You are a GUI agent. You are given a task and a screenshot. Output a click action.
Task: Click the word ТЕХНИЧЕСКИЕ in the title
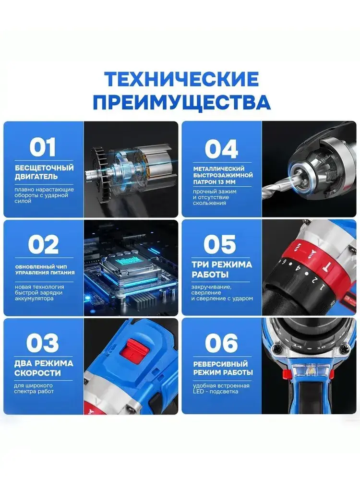tap(182, 79)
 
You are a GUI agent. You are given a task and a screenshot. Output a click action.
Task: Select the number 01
tap(43, 147)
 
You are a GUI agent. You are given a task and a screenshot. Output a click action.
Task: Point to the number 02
tap(43, 245)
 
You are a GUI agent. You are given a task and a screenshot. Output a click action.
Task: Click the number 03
tap(43, 343)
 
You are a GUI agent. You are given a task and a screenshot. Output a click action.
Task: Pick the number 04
tap(221, 149)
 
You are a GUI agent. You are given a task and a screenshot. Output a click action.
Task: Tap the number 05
tap(220, 244)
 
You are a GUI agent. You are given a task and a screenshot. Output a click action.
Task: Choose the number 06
tap(221, 343)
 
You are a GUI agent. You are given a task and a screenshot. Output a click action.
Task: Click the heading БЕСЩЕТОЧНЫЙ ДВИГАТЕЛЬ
tap(44, 172)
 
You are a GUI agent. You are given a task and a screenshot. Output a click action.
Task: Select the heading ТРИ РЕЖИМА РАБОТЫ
tap(222, 269)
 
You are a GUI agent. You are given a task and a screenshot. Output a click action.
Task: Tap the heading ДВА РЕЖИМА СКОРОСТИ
tap(44, 368)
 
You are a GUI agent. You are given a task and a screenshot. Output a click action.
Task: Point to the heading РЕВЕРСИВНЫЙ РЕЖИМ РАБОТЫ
tap(223, 368)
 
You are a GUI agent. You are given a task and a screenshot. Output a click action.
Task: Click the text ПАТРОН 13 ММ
tap(215, 182)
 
